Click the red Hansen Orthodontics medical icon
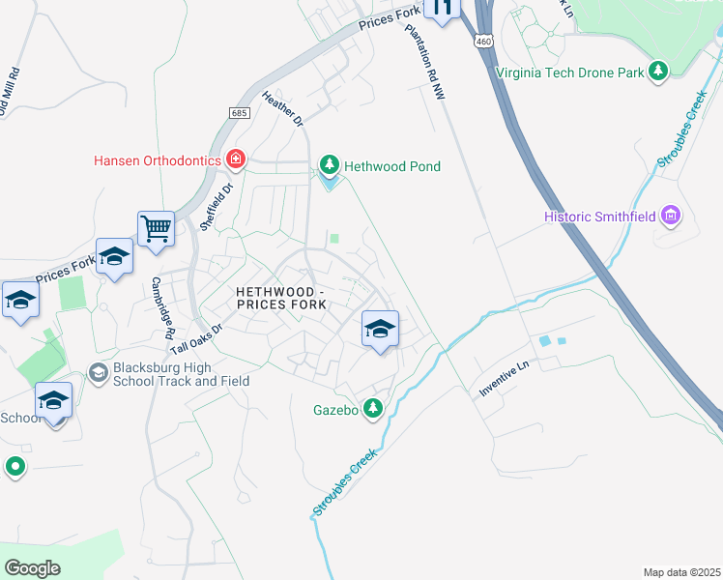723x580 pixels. tap(234, 159)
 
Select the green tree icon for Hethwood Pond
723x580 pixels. tap(331, 166)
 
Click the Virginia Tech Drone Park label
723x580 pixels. tap(569, 72)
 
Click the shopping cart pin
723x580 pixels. tap(156, 229)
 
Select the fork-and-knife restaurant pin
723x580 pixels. tap(443, 9)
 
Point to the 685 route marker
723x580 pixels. tap(240, 113)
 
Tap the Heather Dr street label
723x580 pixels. tap(282, 108)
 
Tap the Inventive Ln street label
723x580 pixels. tap(506, 380)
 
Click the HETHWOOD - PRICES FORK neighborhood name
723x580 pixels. tap(280, 298)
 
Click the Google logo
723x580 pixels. tap(32, 567)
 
